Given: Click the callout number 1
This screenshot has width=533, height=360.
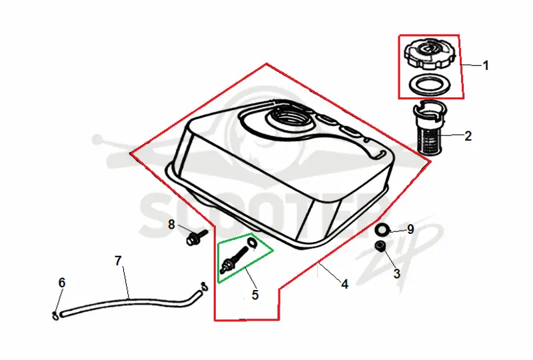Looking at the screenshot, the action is pos(486,65).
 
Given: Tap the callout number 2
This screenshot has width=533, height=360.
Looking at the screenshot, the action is pos(468,136).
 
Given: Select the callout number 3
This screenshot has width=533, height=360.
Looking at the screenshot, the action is pos(396,273).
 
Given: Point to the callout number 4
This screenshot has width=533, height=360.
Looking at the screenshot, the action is pos(344,284).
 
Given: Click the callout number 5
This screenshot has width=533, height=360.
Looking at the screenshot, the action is pos(255,295).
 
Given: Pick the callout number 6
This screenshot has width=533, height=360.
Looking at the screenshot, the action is pos(62,283).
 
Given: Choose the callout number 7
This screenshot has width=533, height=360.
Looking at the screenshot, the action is pos(118,261).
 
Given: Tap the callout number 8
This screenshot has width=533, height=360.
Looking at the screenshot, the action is pos(171,225).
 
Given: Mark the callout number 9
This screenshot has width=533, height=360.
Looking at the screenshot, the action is pos(410,229).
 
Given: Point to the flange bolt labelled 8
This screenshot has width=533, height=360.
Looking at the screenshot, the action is pos(196,237).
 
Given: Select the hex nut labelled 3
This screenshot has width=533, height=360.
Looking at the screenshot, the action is pos(380,246).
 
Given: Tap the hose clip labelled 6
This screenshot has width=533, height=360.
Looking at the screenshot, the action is pos(55,316).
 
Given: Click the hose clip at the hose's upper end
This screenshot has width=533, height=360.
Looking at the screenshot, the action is pos(205,287).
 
